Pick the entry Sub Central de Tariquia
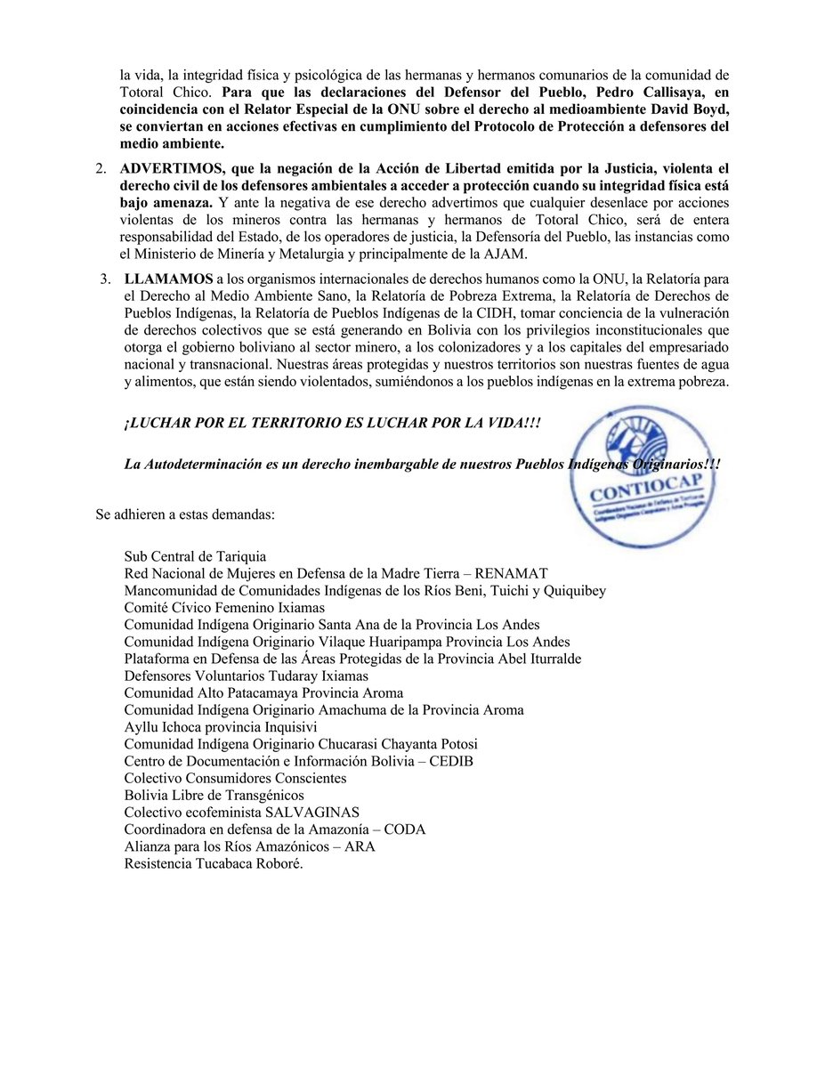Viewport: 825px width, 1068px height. coord(195,556)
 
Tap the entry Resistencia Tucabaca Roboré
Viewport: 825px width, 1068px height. coord(214,862)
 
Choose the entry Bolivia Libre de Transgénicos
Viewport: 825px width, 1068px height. coord(214,795)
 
